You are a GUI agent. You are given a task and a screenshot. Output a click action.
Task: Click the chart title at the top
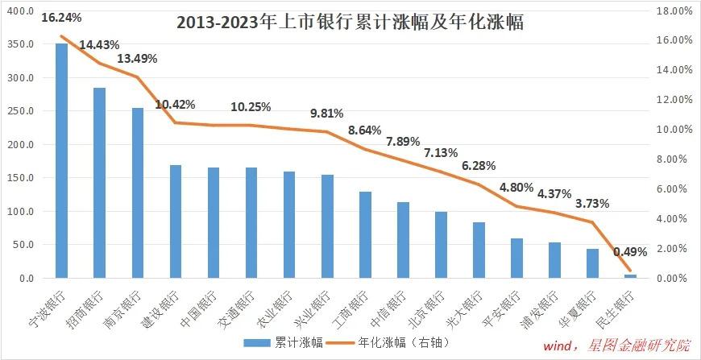pyautogui.click(x=350, y=22)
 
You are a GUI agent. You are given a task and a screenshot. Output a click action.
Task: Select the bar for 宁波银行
pyautogui.click(x=61, y=161)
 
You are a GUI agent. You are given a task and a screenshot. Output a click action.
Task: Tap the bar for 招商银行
pyautogui.click(x=99, y=184)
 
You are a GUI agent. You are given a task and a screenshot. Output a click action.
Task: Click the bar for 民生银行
pyautogui.click(x=630, y=276)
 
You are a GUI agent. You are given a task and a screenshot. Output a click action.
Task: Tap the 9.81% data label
pyautogui.click(x=327, y=114)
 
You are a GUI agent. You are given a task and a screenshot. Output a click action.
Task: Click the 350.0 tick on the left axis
pyautogui.click(x=20, y=44)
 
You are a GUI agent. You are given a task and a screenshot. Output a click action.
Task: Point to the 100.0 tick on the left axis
pyautogui.click(x=20, y=212)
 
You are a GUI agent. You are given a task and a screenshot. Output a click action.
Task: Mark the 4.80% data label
pyautogui.click(x=516, y=188)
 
